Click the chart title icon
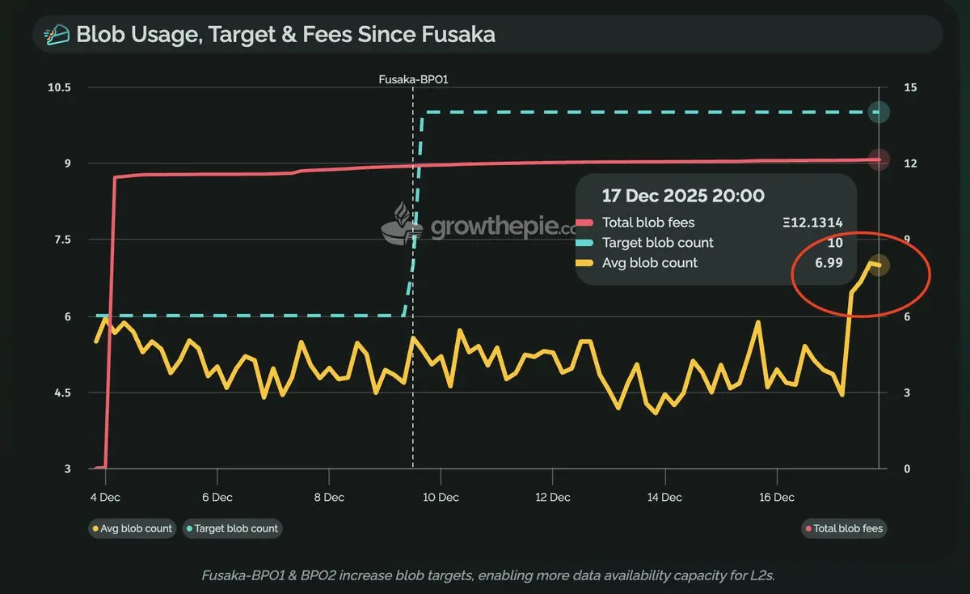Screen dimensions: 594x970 point(57,36)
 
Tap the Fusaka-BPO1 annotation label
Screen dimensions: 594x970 point(412,78)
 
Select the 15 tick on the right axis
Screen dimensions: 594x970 point(909,87)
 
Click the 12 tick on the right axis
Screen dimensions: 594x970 point(909,163)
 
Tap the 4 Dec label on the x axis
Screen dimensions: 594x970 point(105,497)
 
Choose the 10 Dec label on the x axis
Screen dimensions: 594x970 point(441,497)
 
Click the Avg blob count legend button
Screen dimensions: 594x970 point(132,528)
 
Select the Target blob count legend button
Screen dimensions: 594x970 point(232,528)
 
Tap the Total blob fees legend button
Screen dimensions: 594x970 point(844,528)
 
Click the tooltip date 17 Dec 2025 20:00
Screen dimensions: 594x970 point(683,196)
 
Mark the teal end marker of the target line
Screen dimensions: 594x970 point(879,112)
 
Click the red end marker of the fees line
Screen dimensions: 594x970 point(879,159)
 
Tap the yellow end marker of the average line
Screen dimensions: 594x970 point(879,265)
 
